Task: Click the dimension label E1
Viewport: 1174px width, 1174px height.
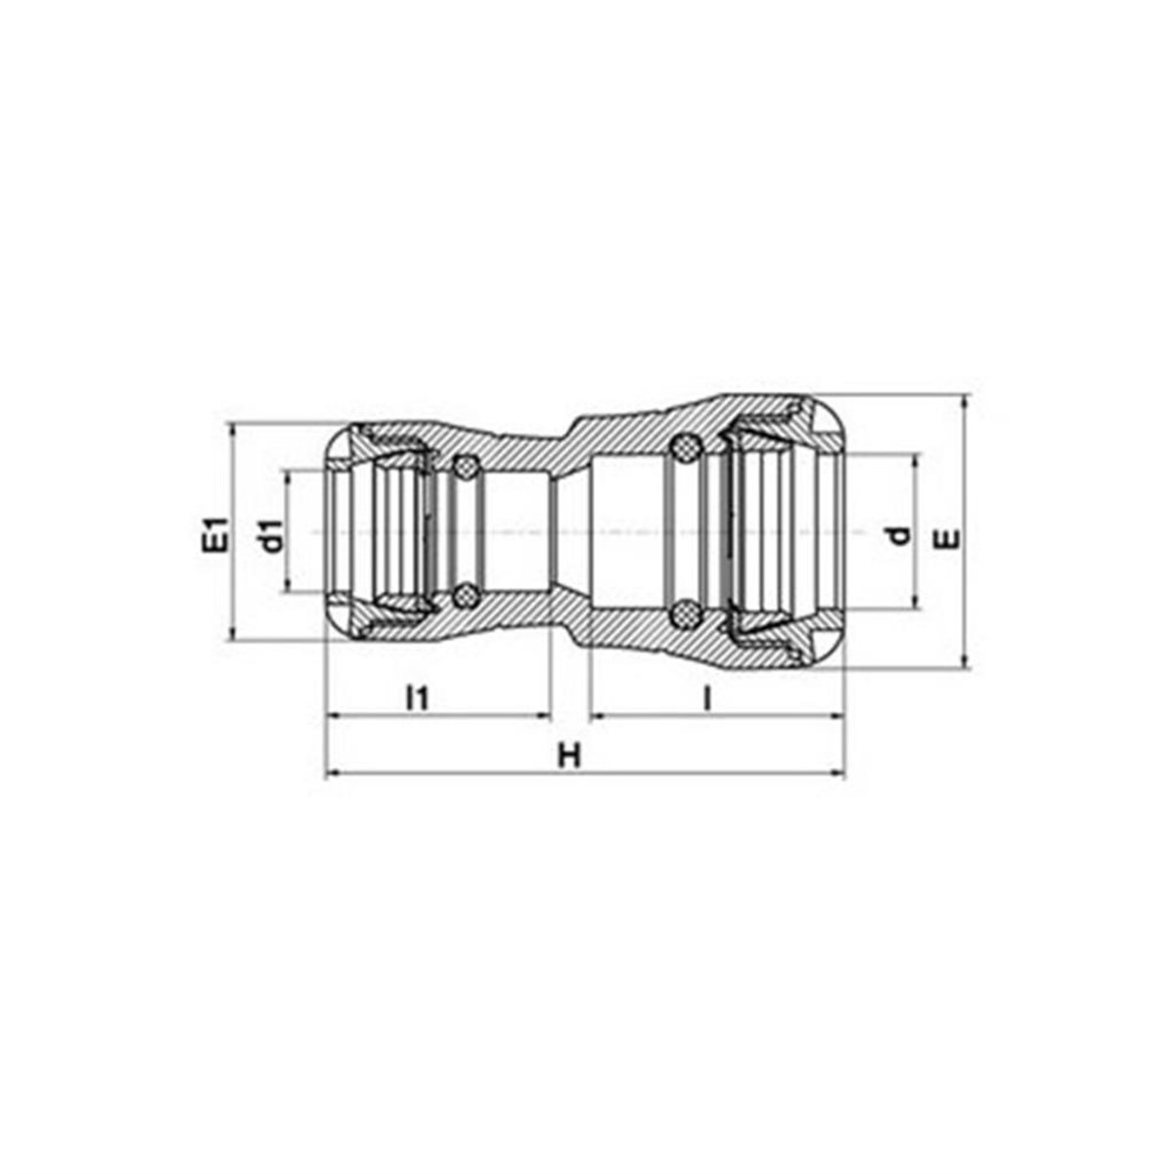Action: pos(216,534)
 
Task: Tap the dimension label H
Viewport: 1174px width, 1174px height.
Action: pos(569,756)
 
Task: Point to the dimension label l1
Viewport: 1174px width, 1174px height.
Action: pos(418,699)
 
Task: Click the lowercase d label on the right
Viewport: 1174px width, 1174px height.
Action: pos(899,535)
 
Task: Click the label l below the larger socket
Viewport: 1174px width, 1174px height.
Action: pos(706,699)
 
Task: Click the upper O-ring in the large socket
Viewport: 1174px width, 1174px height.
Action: pos(686,448)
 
